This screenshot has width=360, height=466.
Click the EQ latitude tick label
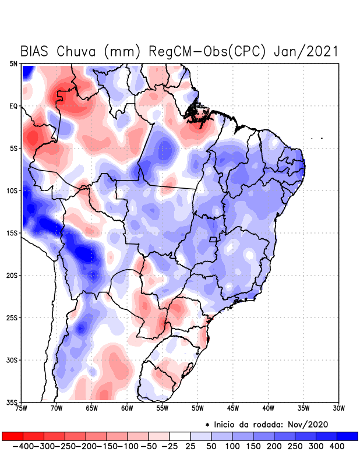click(x=13, y=106)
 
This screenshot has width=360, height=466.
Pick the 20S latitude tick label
click(x=12, y=275)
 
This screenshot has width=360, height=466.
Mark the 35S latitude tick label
click(x=12, y=402)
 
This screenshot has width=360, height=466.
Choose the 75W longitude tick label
click(x=22, y=408)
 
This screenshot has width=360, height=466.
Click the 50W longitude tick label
click(x=197, y=408)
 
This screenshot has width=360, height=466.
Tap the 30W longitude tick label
click(x=338, y=408)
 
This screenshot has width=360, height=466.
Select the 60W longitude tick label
click(x=127, y=408)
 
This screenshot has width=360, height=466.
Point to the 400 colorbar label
click(x=337, y=446)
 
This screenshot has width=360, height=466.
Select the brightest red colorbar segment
click(x=12, y=436)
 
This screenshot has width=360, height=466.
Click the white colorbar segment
click(x=180, y=436)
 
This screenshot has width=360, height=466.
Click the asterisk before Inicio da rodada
click(x=207, y=424)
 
